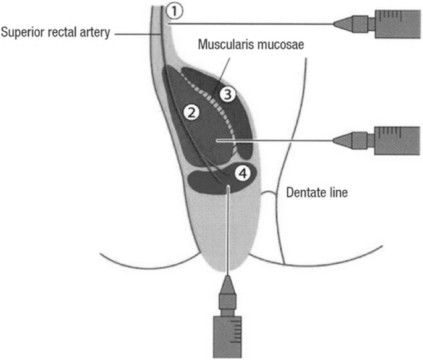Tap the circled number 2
click(192, 112)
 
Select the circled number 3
click(228, 94)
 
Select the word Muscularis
click(225, 45)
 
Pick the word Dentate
click(304, 193)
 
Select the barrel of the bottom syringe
click(228, 337)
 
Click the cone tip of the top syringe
click(343, 23)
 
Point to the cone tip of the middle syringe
click(343, 141)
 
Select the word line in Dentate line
click(339, 193)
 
